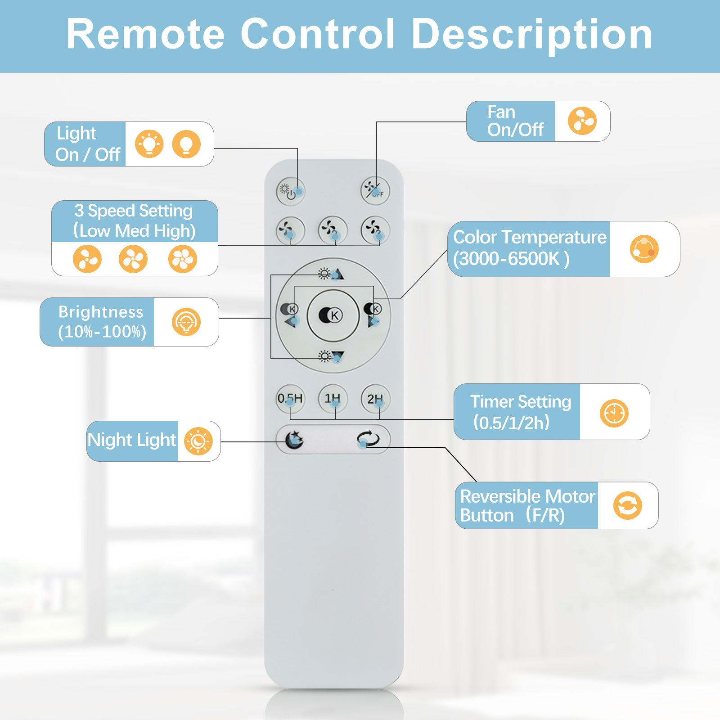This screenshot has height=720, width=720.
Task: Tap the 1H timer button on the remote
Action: click(x=333, y=399)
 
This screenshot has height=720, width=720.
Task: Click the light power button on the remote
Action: click(x=290, y=191)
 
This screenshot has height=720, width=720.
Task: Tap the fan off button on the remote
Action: click(x=375, y=191)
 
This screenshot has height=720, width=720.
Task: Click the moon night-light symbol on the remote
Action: click(x=294, y=440)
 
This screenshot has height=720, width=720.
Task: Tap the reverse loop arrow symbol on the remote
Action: click(x=368, y=439)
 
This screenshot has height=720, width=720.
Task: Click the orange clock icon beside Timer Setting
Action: click(x=614, y=413)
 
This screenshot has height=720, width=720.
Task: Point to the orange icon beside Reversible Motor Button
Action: click(x=627, y=505)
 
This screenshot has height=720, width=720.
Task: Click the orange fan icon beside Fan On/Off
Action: click(x=582, y=121)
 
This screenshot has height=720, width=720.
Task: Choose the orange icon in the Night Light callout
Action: click(x=198, y=441)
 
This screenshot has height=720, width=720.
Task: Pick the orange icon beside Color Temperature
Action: click(x=644, y=249)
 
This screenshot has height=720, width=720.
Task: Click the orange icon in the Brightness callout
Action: click(x=186, y=322)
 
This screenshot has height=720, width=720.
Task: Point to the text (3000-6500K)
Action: click(x=511, y=259)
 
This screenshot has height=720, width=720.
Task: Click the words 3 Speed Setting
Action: click(x=134, y=211)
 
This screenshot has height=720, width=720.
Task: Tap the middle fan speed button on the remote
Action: click(x=333, y=230)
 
